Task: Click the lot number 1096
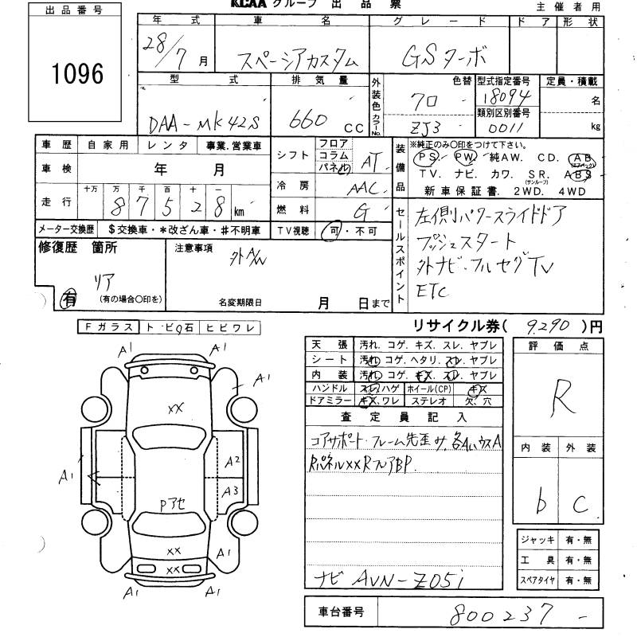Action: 77,73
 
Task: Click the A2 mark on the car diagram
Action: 232,461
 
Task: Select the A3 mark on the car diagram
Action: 231,490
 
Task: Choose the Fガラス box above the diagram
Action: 108,326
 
